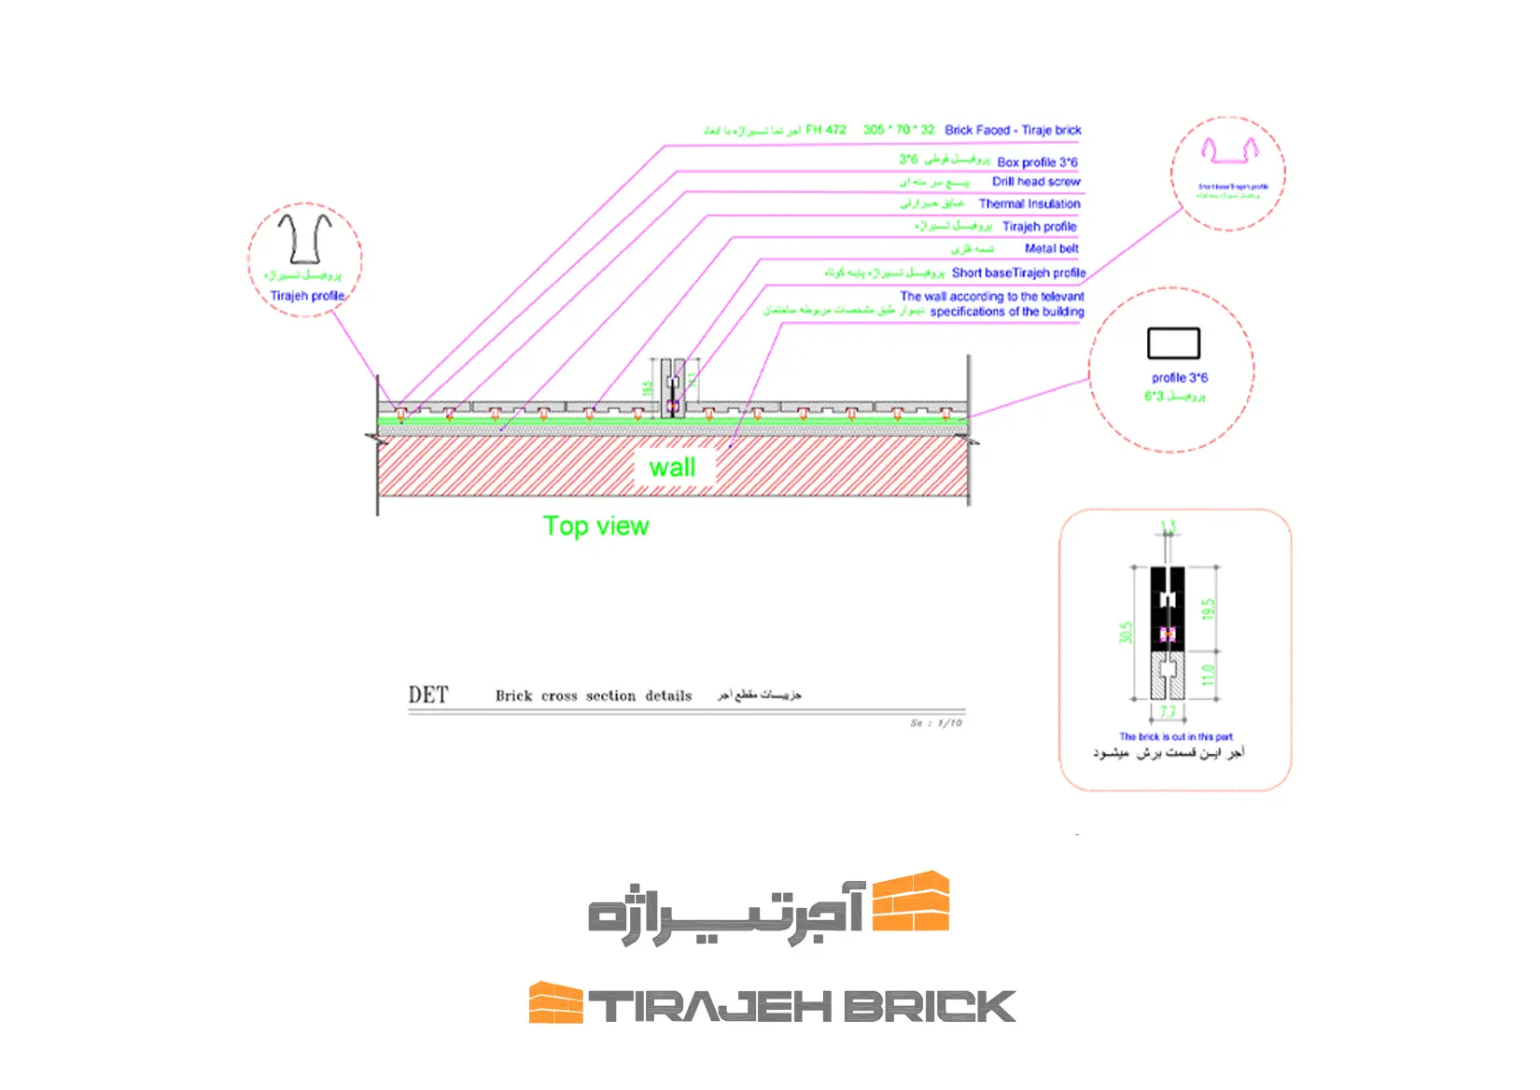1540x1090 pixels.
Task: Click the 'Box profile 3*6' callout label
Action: tap(1037, 162)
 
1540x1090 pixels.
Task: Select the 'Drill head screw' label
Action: tap(1036, 182)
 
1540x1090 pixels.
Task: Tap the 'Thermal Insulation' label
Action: tap(1029, 203)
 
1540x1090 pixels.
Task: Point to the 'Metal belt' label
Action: tap(1051, 248)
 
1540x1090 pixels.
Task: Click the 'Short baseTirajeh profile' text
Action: tap(1018, 272)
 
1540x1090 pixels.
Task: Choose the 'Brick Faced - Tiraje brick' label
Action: tap(1013, 130)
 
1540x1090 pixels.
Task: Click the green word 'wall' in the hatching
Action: tap(672, 468)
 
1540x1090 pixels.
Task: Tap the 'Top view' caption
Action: tap(595, 526)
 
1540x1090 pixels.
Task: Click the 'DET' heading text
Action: tap(428, 695)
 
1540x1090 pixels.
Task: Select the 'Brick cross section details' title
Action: tap(594, 696)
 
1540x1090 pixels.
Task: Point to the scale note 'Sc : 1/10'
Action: tap(936, 723)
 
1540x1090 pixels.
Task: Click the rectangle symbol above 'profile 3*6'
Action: tap(1173, 343)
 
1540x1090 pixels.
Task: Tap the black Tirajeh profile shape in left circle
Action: tap(304, 239)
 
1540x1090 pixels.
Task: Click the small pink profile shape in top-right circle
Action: tap(1229, 150)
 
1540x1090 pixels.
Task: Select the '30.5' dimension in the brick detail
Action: tap(1126, 633)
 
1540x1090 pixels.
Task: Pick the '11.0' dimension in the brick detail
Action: tap(1208, 675)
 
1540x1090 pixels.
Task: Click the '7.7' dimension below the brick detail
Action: tap(1168, 712)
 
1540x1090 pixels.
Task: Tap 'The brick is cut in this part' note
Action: tap(1175, 736)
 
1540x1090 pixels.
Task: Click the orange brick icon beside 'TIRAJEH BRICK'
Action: tap(555, 1003)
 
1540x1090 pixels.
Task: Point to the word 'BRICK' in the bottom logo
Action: tap(930, 1007)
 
